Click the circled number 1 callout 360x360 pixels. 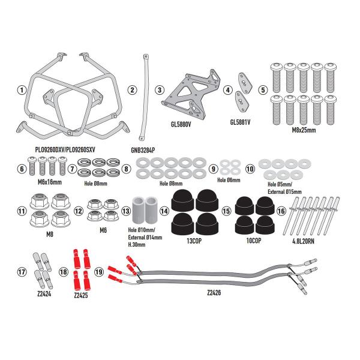coord(22,90)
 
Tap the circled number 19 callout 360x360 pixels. coord(99,272)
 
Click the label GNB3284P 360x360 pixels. coord(143,150)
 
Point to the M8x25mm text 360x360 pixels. coord(304,130)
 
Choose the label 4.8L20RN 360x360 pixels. coord(303,241)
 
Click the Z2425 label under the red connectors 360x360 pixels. coord(81,295)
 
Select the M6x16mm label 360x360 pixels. coord(50,182)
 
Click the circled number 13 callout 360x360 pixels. coord(126,211)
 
